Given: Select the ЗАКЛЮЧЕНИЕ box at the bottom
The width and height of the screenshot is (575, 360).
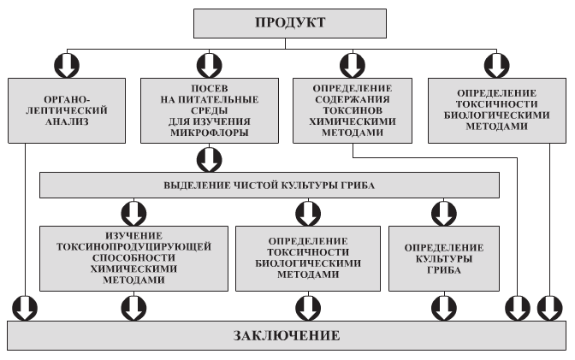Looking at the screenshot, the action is pos(287,335).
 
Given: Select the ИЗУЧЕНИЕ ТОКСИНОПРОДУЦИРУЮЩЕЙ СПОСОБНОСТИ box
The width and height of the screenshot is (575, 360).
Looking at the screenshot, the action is pos(133,257).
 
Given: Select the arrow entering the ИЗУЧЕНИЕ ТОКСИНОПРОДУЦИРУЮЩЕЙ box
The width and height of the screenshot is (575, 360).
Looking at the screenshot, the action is pos(133,211).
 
